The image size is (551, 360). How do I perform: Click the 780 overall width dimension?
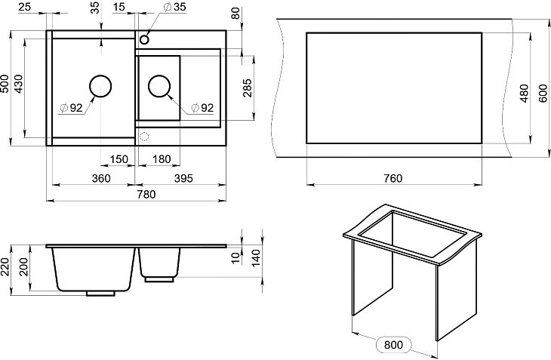[146, 194]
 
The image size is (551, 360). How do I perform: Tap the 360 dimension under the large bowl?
[101, 178]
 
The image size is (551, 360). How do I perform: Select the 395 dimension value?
[183, 178]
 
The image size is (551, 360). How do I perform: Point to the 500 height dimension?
[5, 83]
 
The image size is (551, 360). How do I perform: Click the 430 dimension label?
[18, 84]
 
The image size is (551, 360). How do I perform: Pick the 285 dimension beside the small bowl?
[248, 88]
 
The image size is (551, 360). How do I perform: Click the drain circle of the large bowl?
[100, 86]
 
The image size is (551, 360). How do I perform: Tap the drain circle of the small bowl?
[159, 86]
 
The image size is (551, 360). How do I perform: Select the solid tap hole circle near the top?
[144, 39]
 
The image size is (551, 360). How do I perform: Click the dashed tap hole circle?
[144, 136]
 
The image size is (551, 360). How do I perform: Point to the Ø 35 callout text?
[175, 7]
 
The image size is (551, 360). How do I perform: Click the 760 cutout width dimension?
[392, 178]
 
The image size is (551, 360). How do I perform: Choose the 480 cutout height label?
[524, 93]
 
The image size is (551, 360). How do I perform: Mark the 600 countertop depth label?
[543, 93]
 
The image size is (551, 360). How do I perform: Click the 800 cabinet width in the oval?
[393, 345]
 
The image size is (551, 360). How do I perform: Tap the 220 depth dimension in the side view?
[5, 267]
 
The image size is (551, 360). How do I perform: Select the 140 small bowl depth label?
[256, 257]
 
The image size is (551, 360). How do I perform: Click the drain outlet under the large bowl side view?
[100, 294]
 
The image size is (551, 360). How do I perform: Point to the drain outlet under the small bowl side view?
[159, 279]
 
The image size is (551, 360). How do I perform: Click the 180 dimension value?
[162, 159]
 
